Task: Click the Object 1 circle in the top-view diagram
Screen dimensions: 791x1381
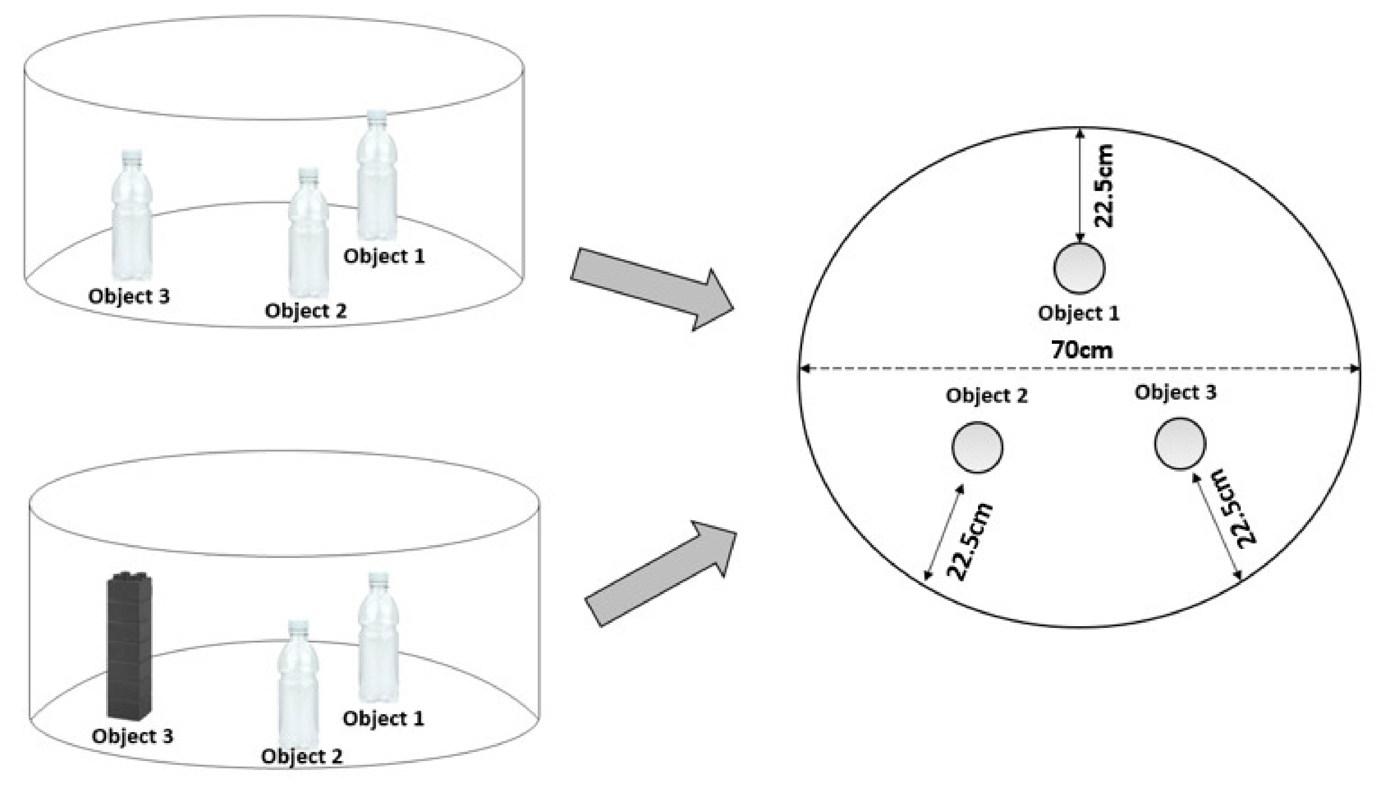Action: [1078, 268]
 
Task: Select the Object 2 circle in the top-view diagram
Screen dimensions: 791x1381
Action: [977, 447]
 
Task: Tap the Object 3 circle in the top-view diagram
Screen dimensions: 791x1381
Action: [1180, 443]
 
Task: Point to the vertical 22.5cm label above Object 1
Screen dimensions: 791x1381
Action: [1103, 186]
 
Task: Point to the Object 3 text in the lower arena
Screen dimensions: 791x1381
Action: [133, 736]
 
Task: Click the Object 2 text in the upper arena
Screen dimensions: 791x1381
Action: [305, 311]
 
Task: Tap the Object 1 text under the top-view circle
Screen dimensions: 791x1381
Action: [1078, 313]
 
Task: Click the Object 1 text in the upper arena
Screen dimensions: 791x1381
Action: [384, 256]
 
